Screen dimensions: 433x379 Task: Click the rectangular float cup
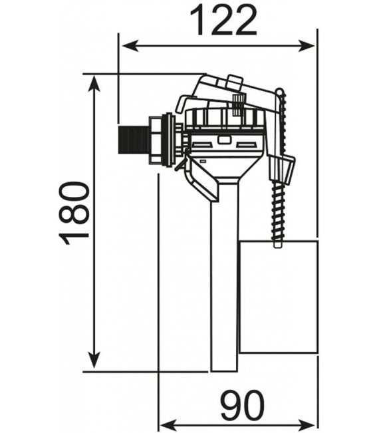tap(277, 297)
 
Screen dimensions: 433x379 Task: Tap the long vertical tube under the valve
tap(224, 279)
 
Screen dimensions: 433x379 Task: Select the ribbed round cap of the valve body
tap(225, 120)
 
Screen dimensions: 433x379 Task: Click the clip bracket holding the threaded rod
tap(282, 170)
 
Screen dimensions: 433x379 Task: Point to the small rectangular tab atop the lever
tap(233, 82)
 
